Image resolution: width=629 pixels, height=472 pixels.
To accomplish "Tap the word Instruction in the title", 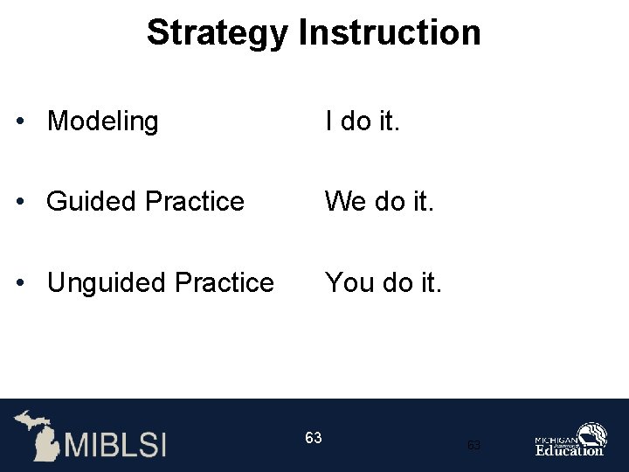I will click(390, 33).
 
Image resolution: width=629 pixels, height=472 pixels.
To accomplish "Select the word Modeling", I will click(102, 121).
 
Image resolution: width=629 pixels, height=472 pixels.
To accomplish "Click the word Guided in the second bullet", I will click(92, 202).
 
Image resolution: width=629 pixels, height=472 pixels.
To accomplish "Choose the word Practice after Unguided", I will click(225, 283).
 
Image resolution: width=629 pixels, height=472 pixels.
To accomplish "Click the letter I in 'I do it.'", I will click(328, 121).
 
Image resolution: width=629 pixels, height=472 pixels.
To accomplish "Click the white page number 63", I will click(314, 437).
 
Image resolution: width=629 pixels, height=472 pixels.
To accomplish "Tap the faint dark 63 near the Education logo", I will click(473, 446).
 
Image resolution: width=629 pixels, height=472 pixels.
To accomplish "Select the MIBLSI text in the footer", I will click(114, 443).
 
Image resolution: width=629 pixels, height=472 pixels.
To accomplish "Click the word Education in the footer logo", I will click(569, 450).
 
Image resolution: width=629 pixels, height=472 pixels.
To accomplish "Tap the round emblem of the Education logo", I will click(593, 434).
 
